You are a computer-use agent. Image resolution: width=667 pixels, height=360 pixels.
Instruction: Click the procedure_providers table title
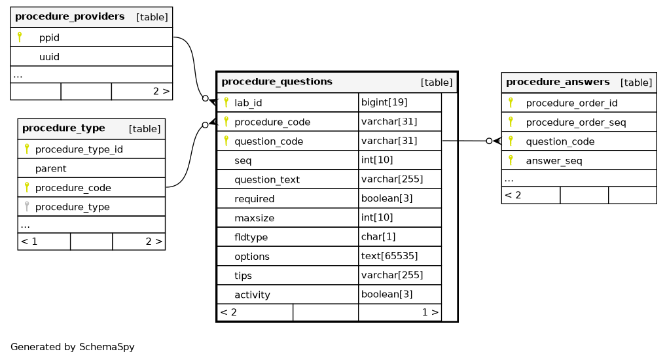tap(69, 16)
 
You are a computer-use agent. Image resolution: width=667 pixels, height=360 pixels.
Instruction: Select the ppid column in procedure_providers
tap(49, 37)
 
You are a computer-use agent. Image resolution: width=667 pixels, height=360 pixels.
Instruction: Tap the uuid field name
tap(49, 57)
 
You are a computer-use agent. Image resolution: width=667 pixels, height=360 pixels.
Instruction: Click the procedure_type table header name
tap(63, 128)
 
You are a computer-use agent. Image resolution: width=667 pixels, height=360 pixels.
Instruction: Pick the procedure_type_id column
tap(79, 149)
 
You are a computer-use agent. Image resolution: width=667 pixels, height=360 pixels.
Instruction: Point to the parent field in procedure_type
tap(50, 168)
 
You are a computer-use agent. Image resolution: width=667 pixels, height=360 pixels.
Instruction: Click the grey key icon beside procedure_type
tap(27, 206)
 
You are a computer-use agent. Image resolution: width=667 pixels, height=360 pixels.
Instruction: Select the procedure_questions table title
tap(276, 82)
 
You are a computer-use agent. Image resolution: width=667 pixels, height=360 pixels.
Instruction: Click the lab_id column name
tap(248, 103)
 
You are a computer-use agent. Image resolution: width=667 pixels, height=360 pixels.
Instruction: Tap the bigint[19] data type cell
tap(384, 102)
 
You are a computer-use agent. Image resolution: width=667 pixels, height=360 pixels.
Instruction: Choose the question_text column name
tap(266, 179)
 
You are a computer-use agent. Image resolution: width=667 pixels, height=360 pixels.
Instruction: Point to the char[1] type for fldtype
tap(378, 236)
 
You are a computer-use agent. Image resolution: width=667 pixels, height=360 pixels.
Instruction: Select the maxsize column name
tap(254, 217)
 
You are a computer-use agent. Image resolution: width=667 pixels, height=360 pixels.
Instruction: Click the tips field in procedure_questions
tap(243, 275)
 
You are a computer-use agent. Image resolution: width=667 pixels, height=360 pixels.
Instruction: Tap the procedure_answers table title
tap(557, 82)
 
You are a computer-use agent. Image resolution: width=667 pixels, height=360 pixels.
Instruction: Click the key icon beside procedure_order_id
tap(511, 102)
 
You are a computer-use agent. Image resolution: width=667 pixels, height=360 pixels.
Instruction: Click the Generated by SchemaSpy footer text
tap(72, 347)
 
